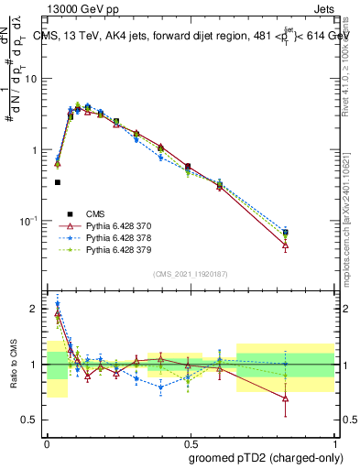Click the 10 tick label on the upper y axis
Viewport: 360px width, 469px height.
pyautogui.click(x=30, y=79)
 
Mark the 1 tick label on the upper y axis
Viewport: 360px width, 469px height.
pyautogui.click(x=33, y=149)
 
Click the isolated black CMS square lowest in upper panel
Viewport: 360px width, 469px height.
pyautogui.click(x=58, y=182)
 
